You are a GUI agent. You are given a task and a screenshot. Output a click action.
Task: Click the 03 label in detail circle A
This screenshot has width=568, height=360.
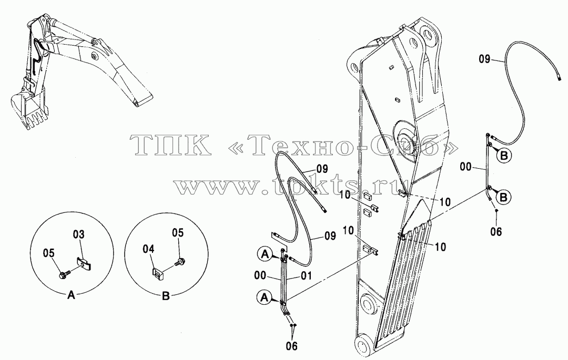(78, 235)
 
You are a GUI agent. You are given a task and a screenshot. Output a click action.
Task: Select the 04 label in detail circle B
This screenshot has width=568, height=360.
(148, 249)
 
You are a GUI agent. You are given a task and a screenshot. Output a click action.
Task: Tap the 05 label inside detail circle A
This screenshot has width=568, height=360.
(48, 253)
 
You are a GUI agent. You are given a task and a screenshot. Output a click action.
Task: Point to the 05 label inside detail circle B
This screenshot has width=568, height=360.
(178, 233)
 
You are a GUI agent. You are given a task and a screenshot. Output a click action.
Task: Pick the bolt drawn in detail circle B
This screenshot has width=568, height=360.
(179, 262)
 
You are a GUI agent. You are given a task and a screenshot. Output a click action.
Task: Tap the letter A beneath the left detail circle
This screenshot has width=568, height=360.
(72, 295)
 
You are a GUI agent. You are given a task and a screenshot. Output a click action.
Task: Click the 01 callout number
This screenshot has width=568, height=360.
(306, 277)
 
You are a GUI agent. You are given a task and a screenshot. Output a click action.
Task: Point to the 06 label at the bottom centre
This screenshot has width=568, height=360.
(291, 346)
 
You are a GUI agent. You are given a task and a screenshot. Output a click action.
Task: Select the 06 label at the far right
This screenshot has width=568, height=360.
(496, 232)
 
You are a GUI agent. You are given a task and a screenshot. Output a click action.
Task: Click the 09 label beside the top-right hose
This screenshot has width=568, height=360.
(485, 59)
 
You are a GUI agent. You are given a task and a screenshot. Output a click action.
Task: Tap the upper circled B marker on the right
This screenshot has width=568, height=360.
(504, 156)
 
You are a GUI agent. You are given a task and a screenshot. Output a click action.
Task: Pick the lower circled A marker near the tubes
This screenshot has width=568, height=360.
(265, 297)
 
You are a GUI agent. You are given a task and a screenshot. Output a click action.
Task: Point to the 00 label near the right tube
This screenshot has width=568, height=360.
(466, 167)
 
